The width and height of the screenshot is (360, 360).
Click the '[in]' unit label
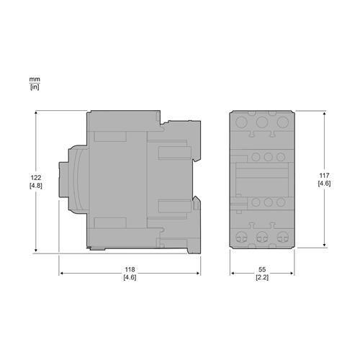[34, 86]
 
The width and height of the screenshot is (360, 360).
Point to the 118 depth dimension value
[130, 269]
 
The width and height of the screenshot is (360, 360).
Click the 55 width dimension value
[263, 269]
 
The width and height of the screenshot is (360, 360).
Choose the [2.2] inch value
[263, 278]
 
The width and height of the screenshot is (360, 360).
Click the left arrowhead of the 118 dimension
[60, 274]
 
